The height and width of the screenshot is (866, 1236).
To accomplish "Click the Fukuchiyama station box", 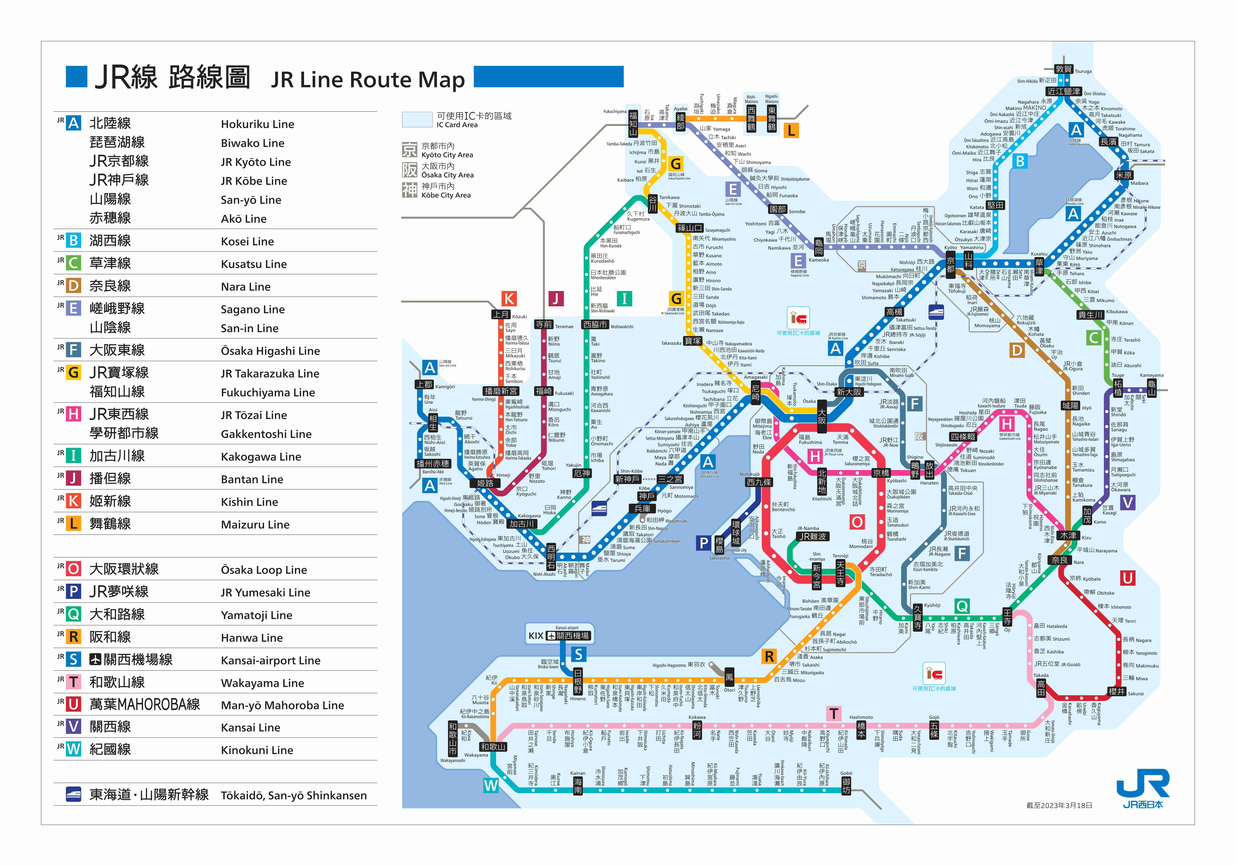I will point(633,123).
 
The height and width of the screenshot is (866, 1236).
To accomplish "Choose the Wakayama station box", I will point(493,747).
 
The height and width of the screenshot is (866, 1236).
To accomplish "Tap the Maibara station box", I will point(1124,175).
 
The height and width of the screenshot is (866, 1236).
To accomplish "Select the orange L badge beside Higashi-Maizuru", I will point(791,130).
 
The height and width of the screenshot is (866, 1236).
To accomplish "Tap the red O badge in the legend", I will point(74,569).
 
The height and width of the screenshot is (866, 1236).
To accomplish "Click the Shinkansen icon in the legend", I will point(73,794).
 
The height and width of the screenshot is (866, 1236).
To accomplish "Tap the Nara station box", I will point(1059,560).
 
